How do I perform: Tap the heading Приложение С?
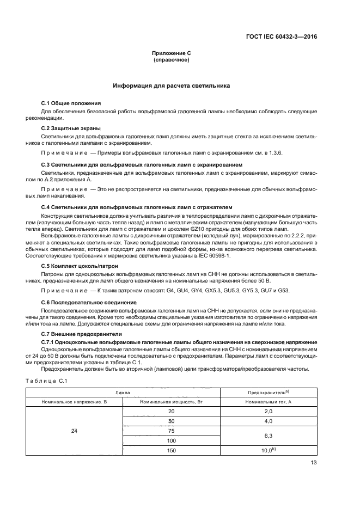tap(171, 53)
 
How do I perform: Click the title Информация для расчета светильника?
tap(171, 86)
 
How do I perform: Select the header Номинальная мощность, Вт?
tap(171, 402)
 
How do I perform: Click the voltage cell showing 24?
tap(74, 431)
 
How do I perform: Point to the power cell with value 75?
tap(171, 431)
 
